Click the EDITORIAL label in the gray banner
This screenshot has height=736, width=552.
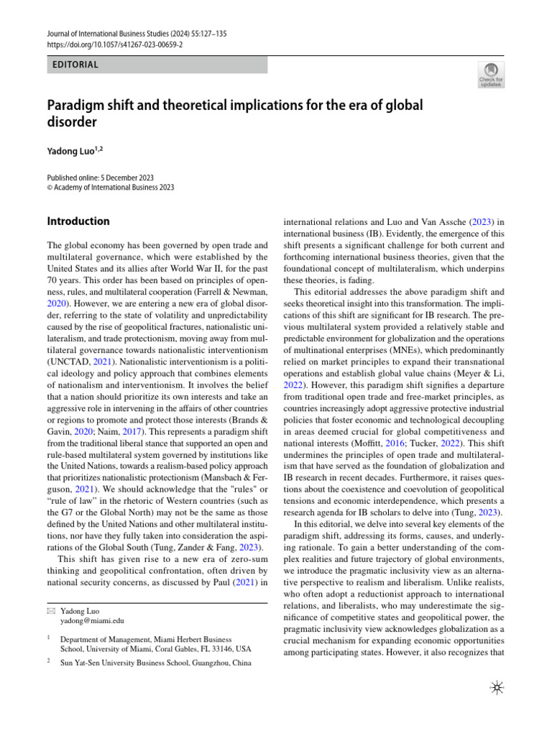pos(75,65)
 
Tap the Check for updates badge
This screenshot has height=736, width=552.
pos(491,75)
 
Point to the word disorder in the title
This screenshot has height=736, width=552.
pos(72,122)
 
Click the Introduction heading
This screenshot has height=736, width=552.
pos(78,221)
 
